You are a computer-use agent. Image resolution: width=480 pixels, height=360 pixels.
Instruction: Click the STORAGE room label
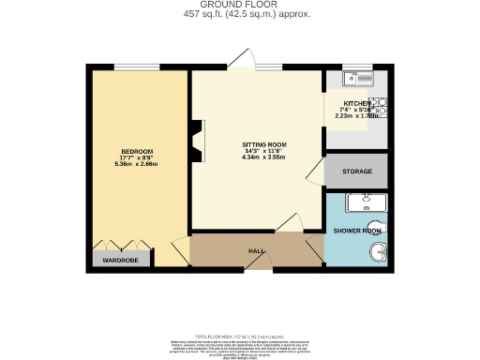click(356, 172)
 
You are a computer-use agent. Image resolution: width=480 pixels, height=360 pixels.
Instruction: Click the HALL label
click(256, 250)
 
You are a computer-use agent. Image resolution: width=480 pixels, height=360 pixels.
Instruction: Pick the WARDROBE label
click(120, 259)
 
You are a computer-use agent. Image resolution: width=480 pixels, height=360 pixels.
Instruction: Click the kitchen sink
click(357, 78)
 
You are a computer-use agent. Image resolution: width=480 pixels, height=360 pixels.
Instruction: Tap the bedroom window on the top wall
click(129, 67)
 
